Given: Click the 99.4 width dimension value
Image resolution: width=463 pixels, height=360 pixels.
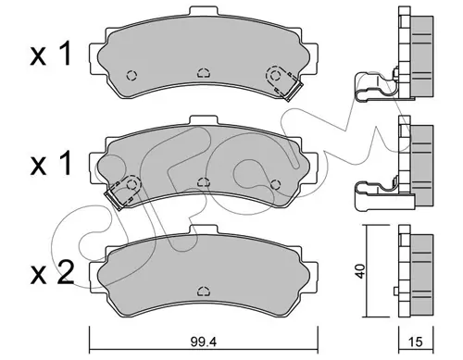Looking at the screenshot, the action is pyautogui.click(x=204, y=341).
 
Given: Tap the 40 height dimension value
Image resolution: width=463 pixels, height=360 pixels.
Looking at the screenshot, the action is pyautogui.click(x=360, y=271).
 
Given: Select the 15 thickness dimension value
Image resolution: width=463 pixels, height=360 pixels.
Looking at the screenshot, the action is pyautogui.click(x=416, y=341).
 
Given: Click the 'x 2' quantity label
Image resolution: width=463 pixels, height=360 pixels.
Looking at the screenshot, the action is pyautogui.click(x=53, y=273).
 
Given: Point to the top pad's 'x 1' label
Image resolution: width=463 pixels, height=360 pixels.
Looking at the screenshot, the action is pyautogui.click(x=51, y=54).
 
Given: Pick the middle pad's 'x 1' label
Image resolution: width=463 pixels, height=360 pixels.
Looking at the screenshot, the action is pyautogui.click(x=51, y=163).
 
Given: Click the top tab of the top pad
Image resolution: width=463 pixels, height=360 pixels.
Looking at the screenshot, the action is pyautogui.click(x=205, y=11).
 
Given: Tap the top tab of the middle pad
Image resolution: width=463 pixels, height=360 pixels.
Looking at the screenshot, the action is pyautogui.click(x=205, y=120).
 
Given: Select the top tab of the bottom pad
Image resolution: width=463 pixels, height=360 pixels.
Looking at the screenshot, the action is pyautogui.click(x=205, y=230).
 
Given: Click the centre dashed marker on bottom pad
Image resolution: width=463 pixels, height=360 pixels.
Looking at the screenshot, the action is pyautogui.click(x=204, y=291).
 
